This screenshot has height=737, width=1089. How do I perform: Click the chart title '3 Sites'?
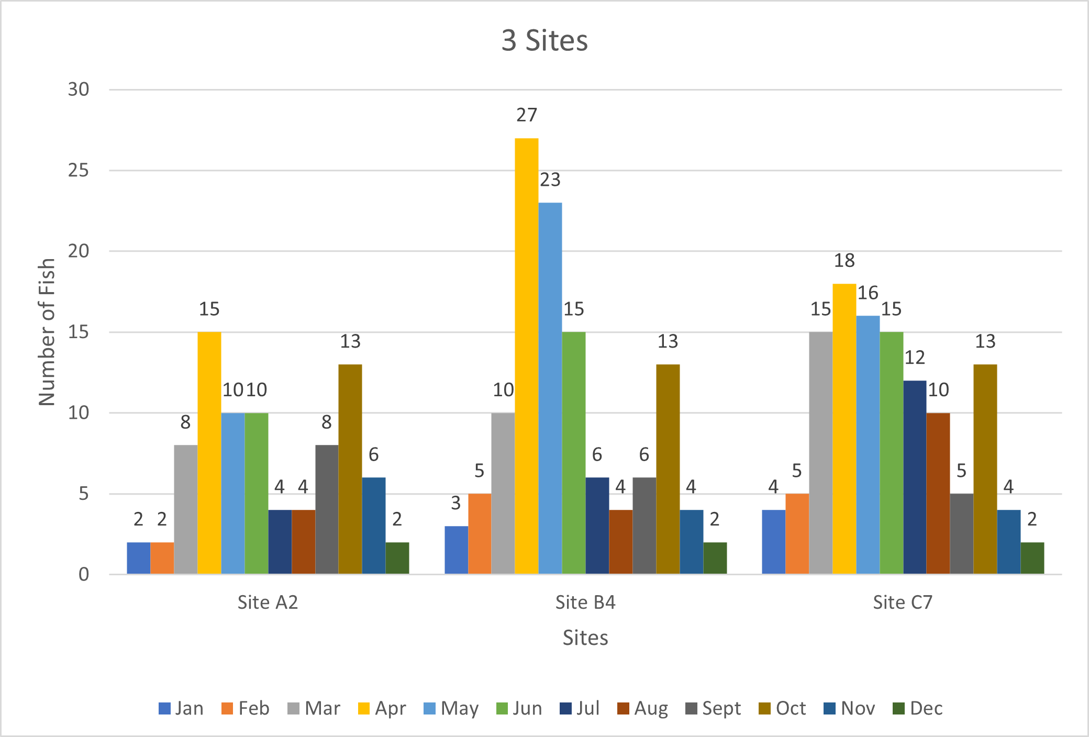[544, 40]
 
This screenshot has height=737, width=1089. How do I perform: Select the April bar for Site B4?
[527, 356]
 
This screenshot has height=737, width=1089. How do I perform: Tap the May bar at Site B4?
[550, 388]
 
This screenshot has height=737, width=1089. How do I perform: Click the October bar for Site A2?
[350, 469]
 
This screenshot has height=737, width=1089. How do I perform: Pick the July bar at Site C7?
[915, 477]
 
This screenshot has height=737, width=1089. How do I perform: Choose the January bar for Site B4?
[457, 550]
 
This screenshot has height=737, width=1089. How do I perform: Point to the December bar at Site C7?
[1032, 558]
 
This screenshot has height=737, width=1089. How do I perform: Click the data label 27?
[527, 115]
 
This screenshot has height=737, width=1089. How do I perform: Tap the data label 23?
[550, 180]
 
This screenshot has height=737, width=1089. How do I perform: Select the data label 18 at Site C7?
[844, 260]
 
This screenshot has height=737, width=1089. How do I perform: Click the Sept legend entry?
[713, 708]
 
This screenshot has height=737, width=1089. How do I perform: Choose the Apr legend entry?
[382, 708]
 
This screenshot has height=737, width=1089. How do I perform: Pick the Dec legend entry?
[918, 708]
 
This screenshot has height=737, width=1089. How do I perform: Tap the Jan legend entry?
[181, 708]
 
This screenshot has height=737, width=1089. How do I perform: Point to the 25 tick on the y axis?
[79, 170]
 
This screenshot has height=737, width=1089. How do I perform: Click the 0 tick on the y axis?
[84, 574]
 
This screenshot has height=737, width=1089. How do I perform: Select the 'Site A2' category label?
[268, 602]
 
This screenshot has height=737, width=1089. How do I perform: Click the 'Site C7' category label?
[903, 602]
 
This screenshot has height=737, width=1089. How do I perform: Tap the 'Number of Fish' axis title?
[47, 332]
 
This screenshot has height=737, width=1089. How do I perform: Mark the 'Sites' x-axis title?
[585, 638]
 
